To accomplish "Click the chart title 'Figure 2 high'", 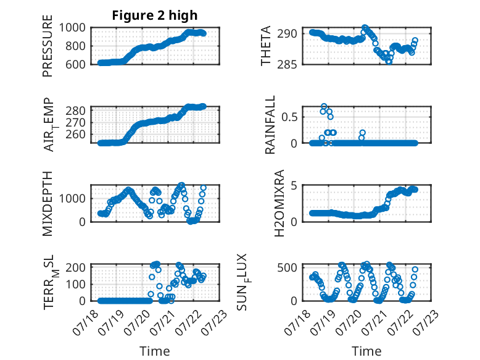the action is coord(155,15).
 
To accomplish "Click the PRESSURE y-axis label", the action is coord(48,46).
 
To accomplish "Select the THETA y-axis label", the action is coord(266,46).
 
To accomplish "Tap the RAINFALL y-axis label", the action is coord(270,125).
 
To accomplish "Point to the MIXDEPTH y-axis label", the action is coord(48,204).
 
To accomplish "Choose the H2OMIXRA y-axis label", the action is coord(279,203).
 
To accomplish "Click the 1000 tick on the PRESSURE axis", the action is coord(72,28).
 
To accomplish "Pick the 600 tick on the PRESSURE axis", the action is coord(75,64).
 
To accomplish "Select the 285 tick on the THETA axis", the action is coord(287,64).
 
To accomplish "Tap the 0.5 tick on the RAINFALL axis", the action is coord(289,117).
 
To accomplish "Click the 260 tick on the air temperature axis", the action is coord(75,134).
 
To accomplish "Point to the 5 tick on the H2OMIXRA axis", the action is coord(294,186).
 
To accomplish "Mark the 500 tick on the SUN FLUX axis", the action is coord(287,267).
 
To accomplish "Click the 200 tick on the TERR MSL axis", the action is coord(75,267).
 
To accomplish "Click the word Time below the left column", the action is coord(155,351).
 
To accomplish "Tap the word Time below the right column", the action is coord(366,351).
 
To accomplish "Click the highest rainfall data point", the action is coord(324,106).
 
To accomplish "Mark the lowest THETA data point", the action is coord(389,62).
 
